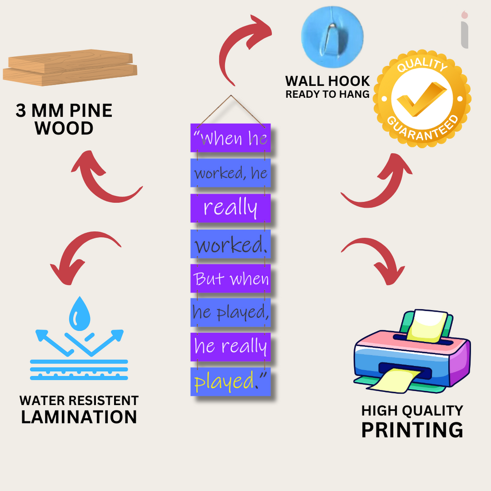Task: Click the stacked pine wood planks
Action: point(70,67)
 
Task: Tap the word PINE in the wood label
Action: point(91,111)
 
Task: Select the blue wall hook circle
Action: point(332,36)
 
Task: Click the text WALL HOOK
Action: point(327,81)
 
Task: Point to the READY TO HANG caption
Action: point(327,94)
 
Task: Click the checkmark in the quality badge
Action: point(421,99)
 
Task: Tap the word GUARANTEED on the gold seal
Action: point(423,129)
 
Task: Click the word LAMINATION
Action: point(79,417)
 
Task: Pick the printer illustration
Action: point(412,351)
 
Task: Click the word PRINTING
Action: point(412,430)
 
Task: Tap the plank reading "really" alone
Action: point(231,208)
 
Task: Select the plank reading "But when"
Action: point(231,279)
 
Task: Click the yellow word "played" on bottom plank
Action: point(223,381)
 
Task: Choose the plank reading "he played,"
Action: point(231,313)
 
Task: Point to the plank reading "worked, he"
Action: point(231,173)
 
